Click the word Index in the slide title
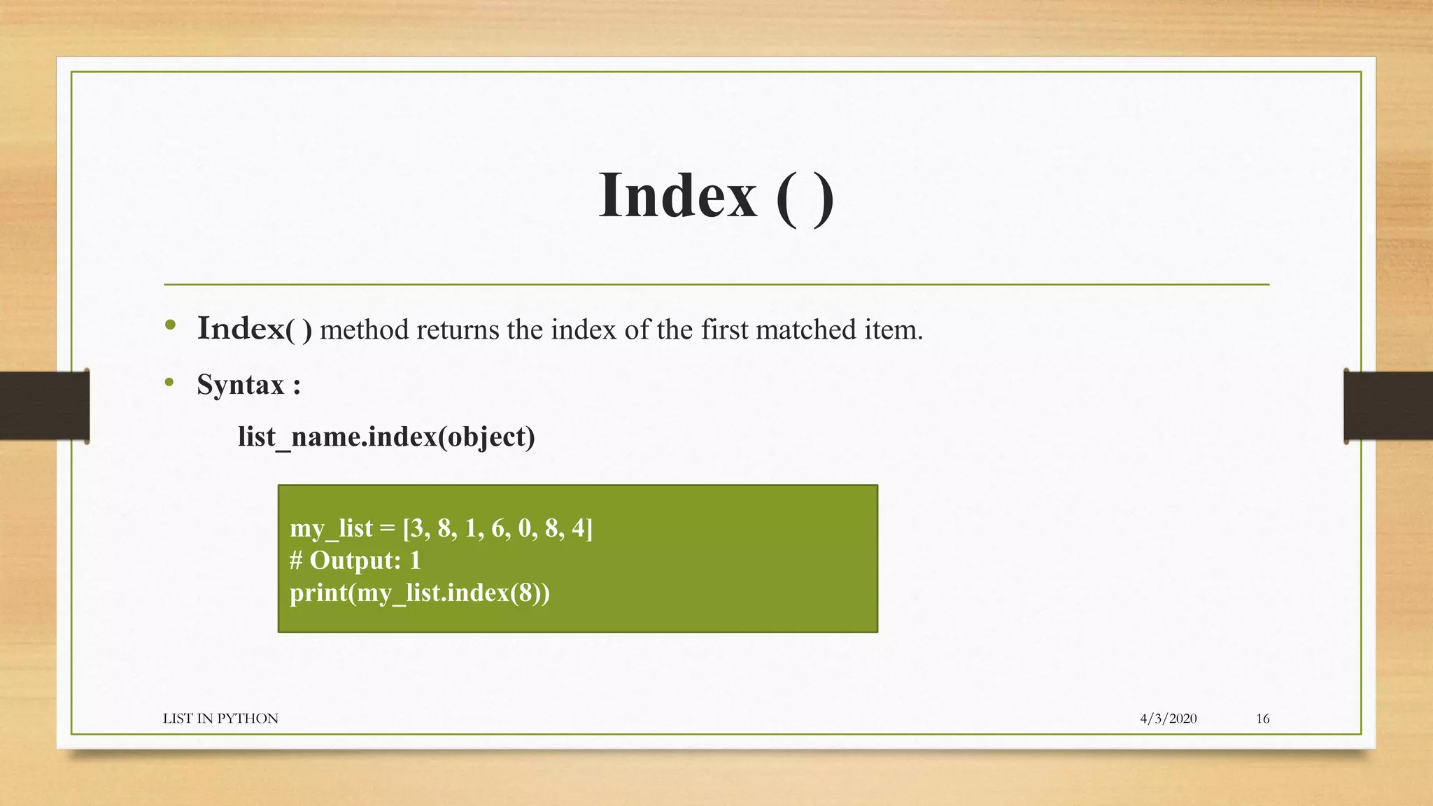[677, 196]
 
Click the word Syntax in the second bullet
[240, 385]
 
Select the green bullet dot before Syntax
[169, 382]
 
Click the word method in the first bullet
[364, 330]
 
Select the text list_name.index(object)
[386, 437]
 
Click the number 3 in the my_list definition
[417, 528]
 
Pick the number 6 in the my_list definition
[497, 528]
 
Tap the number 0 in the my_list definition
[524, 528]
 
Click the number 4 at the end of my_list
[578, 528]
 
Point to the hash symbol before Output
[296, 561]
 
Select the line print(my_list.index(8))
[420, 593]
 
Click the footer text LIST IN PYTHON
[220, 719]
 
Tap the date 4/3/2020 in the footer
[1168, 719]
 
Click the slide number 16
[1262, 719]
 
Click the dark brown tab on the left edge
[44, 406]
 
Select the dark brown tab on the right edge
[1388, 406]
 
